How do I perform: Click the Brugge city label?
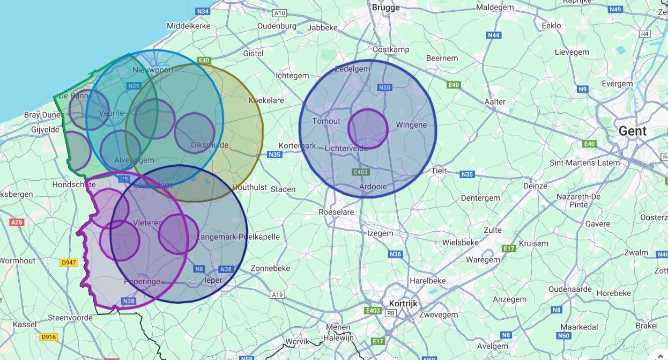click(385, 8)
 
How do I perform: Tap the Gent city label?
click(633, 131)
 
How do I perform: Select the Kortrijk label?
click(403, 303)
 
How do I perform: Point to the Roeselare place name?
click(336, 212)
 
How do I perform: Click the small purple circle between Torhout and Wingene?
click(368, 129)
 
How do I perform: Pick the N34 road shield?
click(203, 11)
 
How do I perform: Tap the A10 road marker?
click(279, 13)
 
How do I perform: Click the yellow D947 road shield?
click(69, 263)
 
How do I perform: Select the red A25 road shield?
click(17, 222)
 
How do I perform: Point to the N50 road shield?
click(385, 87)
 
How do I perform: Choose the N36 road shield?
click(395, 254)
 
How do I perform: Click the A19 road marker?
click(277, 295)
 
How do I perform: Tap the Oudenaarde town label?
click(570, 289)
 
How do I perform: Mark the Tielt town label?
click(439, 171)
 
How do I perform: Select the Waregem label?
click(483, 260)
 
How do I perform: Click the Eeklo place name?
click(551, 25)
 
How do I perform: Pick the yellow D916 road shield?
click(48, 337)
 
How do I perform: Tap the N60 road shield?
click(563, 336)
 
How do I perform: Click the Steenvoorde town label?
click(70, 318)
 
